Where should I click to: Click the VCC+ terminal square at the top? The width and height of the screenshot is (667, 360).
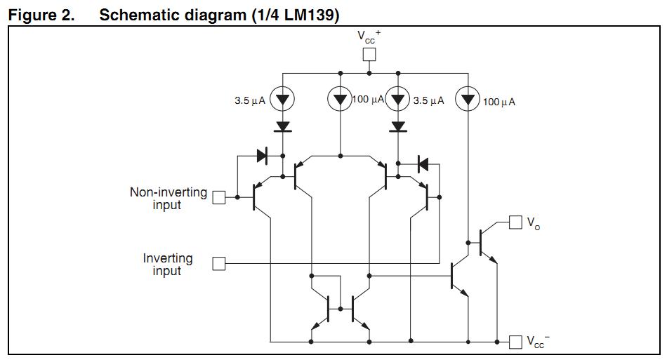point(369,55)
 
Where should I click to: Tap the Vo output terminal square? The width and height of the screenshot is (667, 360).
point(516,222)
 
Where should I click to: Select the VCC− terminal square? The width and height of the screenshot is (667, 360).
point(516,342)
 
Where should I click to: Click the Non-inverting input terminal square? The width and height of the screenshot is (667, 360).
point(219,198)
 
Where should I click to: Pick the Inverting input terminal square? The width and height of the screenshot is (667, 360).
point(219,264)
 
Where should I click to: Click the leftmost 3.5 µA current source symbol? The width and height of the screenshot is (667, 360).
point(282,100)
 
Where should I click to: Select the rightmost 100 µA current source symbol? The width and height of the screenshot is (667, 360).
point(468,100)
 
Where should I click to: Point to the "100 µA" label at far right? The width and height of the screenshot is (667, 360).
point(499,102)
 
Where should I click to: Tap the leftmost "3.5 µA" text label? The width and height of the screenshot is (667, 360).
point(250,101)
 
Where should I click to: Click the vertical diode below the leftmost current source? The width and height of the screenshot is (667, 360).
point(282,127)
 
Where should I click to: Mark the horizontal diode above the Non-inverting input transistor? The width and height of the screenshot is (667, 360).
point(262,156)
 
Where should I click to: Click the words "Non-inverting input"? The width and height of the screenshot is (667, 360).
point(168,199)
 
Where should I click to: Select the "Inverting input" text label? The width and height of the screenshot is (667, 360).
point(168,265)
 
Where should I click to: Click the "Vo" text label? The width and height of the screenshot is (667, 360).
point(534,225)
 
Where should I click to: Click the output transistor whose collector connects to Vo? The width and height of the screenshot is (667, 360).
point(484,243)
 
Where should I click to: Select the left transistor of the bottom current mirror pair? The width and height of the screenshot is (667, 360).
point(324,309)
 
